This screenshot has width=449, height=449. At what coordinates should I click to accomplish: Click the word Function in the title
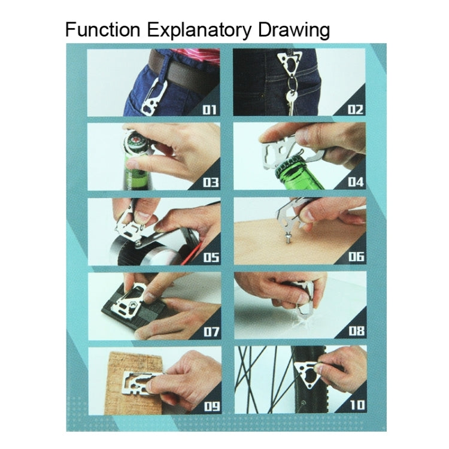(102, 29)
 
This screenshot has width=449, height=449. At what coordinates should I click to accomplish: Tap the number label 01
(210, 110)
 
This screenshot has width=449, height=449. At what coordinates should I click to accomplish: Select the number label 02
(356, 110)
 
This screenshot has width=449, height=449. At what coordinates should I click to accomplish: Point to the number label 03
(210, 183)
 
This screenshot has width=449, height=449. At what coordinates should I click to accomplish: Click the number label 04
(356, 183)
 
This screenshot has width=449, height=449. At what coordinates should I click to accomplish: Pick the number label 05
(210, 257)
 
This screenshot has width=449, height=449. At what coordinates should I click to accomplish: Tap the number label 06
(356, 257)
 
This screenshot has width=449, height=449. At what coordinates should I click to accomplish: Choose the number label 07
(210, 331)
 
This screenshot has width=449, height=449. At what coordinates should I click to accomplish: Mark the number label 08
(356, 331)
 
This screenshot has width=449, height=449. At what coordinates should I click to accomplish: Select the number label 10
(356, 405)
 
